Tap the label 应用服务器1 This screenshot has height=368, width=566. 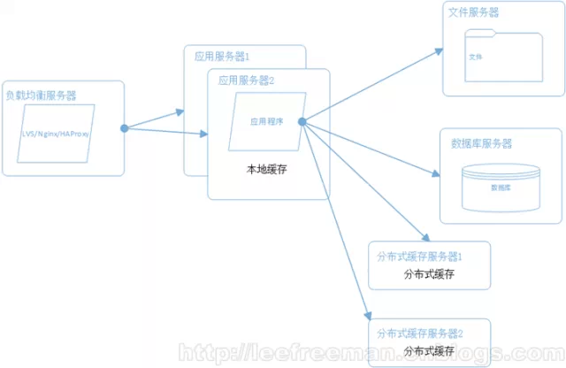pyautogui.click(x=222, y=55)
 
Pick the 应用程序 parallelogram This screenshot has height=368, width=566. pyautogui.click(x=266, y=122)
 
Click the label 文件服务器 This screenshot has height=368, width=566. pyautogui.click(x=473, y=13)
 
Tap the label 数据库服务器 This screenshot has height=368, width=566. pyautogui.click(x=482, y=143)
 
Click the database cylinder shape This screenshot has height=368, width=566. pyautogui.click(x=500, y=187)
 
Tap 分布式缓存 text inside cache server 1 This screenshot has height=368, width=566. pyautogui.click(x=429, y=274)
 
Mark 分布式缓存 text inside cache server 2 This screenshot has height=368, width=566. pyautogui.click(x=429, y=351)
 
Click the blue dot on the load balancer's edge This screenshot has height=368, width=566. pyautogui.click(x=125, y=128)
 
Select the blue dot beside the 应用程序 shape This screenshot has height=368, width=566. pyautogui.click(x=302, y=121)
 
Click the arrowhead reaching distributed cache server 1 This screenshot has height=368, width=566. pyautogui.click(x=426, y=240)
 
